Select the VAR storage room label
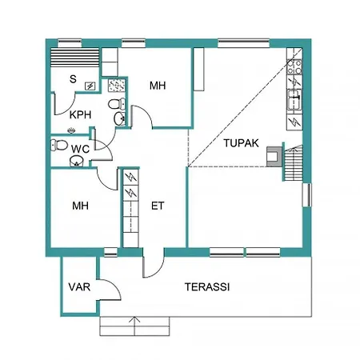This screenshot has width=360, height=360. click(78, 287)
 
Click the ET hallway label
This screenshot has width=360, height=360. click(158, 206)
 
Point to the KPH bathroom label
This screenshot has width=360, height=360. click(80, 114)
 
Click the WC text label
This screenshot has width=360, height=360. click(80, 149)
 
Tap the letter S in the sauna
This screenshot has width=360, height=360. click(73, 79)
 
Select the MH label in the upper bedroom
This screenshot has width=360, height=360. click(158, 86)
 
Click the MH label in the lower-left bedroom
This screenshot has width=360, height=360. click(80, 206)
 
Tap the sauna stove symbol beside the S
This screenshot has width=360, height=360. click(90, 85)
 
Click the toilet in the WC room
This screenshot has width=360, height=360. click(58, 145)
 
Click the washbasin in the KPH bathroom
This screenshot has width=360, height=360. click(120, 119)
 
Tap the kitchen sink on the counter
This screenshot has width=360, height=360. click(294, 100)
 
